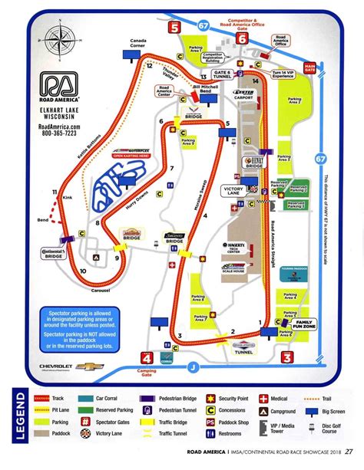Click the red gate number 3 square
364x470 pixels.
tap(286, 357)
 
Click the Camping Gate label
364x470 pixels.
tap(146, 372)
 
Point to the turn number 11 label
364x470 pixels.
tap(55, 191)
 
